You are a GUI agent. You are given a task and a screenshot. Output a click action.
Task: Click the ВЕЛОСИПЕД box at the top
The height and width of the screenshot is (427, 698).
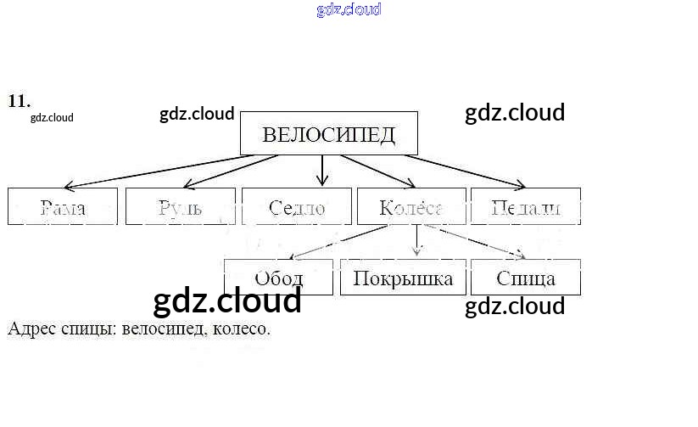pyautogui.click(x=329, y=134)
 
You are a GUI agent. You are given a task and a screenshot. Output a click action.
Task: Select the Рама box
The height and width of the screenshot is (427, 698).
pyautogui.click(x=62, y=206)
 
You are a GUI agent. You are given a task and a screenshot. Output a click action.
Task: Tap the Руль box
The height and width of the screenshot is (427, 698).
pyautogui.click(x=180, y=206)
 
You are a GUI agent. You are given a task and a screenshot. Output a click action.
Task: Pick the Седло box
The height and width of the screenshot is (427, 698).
pyautogui.click(x=296, y=206)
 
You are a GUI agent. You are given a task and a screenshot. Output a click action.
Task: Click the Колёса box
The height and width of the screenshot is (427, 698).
pyautogui.click(x=411, y=206)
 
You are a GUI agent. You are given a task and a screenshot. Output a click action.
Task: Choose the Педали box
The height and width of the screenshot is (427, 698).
pyautogui.click(x=526, y=206)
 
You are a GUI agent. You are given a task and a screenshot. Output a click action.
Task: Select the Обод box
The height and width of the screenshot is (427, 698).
pyautogui.click(x=278, y=278)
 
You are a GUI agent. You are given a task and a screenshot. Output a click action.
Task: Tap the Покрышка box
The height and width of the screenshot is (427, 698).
pyautogui.click(x=403, y=278)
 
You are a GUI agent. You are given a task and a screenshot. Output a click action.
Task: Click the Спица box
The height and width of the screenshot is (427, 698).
pyautogui.click(x=526, y=278)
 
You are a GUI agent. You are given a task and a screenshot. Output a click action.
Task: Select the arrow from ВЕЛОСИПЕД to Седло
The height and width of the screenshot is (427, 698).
pyautogui.click(x=321, y=170)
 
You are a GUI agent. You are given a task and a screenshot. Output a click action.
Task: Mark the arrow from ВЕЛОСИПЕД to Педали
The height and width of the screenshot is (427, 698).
pyautogui.click(x=466, y=170)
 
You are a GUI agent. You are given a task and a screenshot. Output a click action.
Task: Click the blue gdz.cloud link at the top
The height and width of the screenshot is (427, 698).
pyautogui.click(x=349, y=9)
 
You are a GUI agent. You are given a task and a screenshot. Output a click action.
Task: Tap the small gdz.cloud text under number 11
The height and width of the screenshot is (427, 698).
pyautogui.click(x=52, y=118)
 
